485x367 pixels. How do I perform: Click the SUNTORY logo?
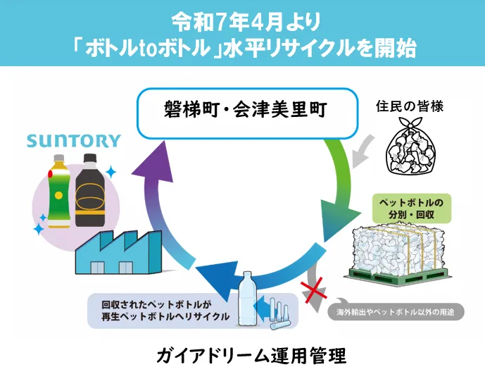(x=74, y=141)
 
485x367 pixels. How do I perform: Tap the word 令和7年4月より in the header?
(x=242, y=18)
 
